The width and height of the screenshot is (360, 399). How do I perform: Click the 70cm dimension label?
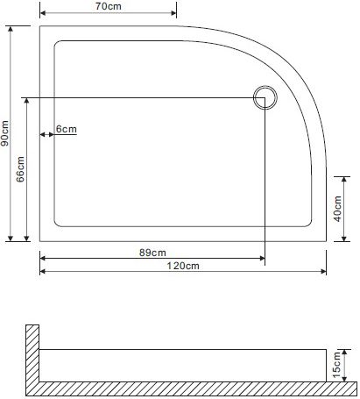[x=109, y=6]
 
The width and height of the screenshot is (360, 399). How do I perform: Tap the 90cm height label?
[x=5, y=133]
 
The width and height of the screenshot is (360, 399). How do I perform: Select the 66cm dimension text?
[x=20, y=169]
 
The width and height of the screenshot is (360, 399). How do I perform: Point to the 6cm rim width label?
[x=67, y=129]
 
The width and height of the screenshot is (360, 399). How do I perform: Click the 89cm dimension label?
[x=152, y=253]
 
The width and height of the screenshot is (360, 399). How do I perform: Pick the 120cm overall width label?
[x=183, y=266]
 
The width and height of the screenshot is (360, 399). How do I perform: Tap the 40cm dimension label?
[x=337, y=209]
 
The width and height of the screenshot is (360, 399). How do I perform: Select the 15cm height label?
[x=336, y=365]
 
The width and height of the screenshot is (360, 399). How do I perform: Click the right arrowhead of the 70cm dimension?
[x=174, y=13]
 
